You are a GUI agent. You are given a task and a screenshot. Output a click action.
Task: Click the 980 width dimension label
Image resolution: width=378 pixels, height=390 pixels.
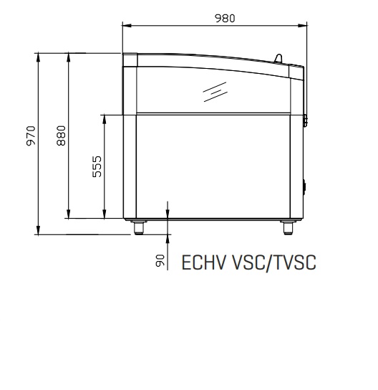click(x=225, y=19)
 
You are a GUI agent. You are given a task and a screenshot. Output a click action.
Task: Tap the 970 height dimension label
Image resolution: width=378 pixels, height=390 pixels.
click(x=31, y=135)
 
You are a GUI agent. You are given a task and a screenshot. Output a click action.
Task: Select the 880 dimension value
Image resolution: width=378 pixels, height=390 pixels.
click(x=61, y=135)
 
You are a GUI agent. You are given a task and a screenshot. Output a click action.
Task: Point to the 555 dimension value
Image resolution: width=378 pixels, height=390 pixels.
click(x=97, y=166)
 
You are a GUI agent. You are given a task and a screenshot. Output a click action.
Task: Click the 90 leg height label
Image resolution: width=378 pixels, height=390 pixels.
click(x=160, y=261)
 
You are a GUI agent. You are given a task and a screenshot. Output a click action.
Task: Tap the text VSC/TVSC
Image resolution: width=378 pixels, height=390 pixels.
click(x=274, y=263)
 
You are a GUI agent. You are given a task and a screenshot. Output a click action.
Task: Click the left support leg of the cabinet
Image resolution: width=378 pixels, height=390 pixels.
click(x=139, y=227)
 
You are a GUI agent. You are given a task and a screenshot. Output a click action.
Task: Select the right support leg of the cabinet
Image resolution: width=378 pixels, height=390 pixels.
click(x=288, y=227)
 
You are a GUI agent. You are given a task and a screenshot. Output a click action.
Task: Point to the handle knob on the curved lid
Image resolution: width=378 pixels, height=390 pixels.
click(x=278, y=58)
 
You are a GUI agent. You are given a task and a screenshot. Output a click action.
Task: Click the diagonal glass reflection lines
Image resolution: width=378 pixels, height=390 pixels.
click(x=215, y=92)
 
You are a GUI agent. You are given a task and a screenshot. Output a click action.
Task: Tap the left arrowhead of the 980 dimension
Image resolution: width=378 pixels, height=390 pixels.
click(x=127, y=25)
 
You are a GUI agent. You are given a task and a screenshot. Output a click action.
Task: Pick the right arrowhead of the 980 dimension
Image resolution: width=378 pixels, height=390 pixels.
click(x=302, y=25)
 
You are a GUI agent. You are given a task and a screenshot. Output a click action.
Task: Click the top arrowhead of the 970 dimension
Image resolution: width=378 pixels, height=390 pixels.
click(x=38, y=57)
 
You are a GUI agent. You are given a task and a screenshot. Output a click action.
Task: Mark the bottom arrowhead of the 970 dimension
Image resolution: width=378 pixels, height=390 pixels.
click(x=38, y=230)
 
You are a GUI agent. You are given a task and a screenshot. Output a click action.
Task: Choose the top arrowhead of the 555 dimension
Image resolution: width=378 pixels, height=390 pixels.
click(x=105, y=120)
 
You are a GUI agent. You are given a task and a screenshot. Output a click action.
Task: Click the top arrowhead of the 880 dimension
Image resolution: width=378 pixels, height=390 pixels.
click(x=69, y=57)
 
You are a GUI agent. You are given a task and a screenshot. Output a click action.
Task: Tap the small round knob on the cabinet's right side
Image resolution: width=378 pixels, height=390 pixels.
click(x=304, y=186)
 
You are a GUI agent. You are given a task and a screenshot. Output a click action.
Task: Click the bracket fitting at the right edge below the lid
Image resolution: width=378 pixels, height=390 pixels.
click(x=305, y=120)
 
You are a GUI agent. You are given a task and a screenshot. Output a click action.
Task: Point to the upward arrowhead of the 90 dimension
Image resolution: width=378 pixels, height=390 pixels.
click(x=168, y=239)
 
